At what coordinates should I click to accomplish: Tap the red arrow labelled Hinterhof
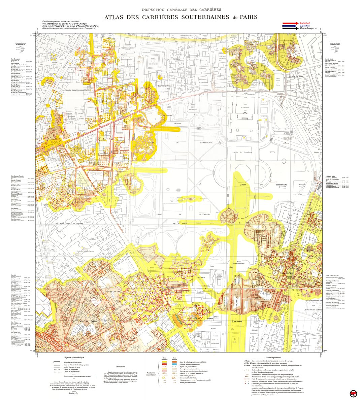290,23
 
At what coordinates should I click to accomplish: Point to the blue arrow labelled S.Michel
290,26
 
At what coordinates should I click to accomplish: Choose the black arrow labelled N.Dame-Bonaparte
290,29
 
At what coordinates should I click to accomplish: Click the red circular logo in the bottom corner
353,393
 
